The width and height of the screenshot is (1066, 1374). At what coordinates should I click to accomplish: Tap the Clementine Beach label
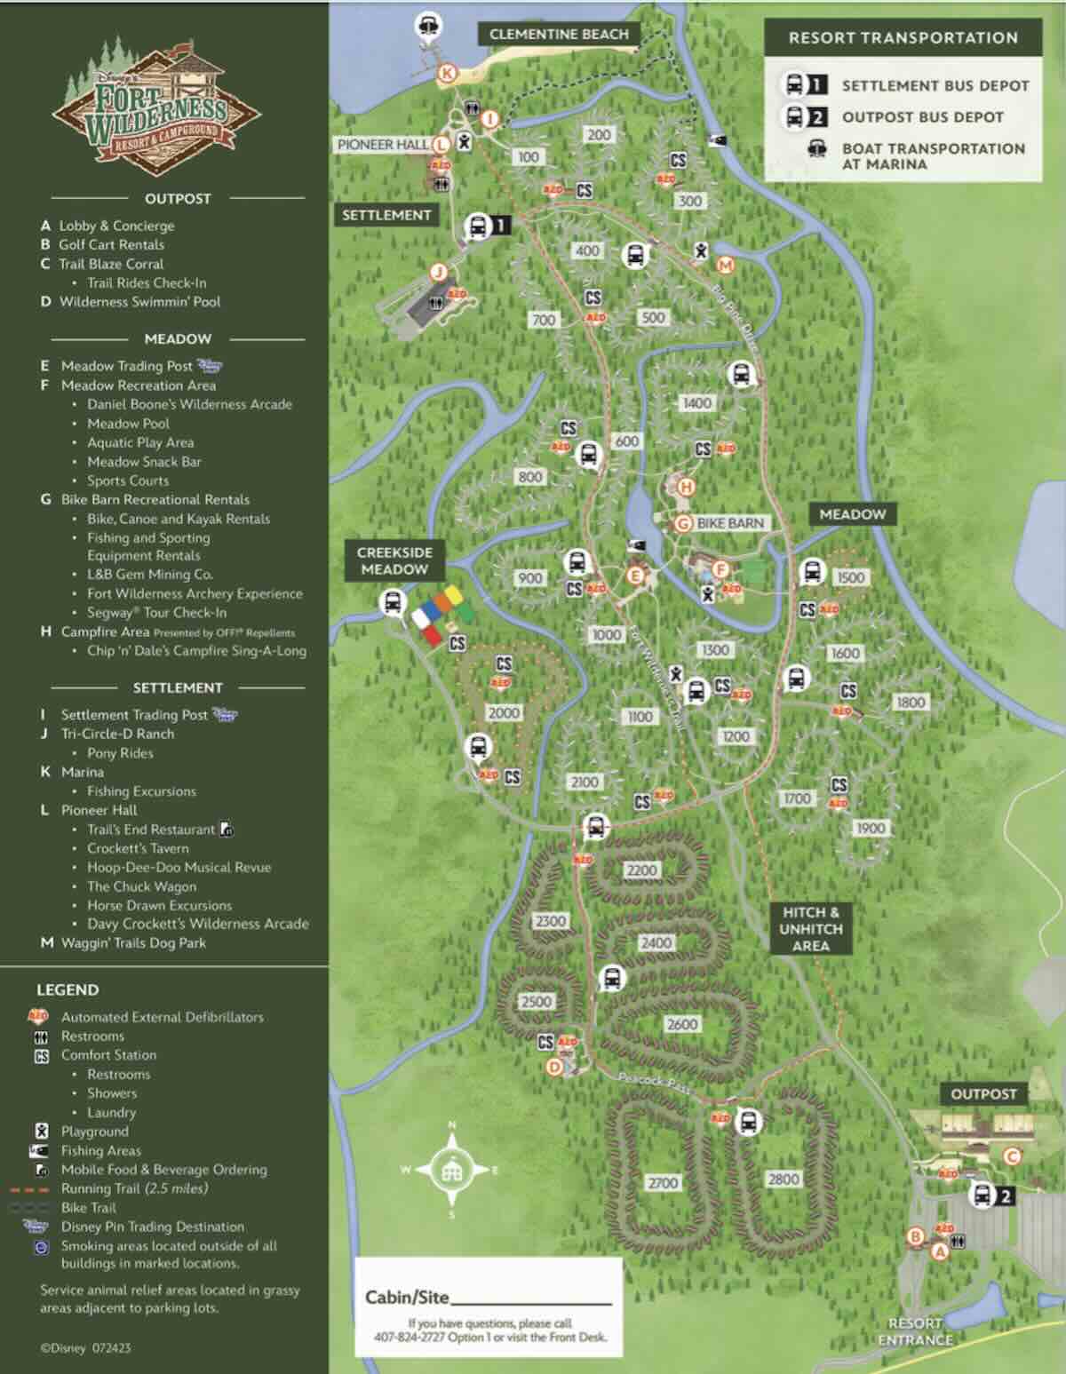559,35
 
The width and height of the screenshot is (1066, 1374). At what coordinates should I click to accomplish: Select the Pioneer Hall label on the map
382,144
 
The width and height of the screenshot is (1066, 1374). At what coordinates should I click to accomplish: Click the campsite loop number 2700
662,1182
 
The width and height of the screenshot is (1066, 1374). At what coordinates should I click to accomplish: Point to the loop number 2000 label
504,712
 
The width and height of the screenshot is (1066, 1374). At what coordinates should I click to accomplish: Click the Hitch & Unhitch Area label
810,929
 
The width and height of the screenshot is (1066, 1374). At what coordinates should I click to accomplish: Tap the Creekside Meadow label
394,560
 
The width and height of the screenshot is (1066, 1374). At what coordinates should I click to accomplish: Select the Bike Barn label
730,523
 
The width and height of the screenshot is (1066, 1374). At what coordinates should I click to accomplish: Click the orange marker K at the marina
447,74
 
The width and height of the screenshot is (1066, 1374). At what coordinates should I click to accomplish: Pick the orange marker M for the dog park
726,265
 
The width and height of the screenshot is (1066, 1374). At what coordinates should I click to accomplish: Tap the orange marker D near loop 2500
554,1067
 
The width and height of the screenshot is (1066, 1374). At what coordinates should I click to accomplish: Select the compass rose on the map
451,1170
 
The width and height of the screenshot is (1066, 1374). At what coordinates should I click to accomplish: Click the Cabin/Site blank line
530,1302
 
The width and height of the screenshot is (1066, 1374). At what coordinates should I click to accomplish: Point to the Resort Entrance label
915,1330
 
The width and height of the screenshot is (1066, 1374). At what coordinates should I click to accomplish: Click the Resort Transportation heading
903,38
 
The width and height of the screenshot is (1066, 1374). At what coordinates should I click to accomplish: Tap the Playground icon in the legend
42,1132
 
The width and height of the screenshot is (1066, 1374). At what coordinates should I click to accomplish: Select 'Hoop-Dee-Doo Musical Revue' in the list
179,868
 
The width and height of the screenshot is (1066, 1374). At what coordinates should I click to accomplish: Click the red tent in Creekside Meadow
431,634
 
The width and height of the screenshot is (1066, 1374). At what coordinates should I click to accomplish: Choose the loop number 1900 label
870,828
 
